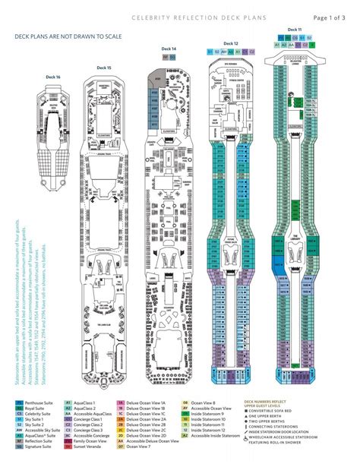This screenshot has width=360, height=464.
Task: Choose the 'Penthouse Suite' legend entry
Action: (x=39, y=408)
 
